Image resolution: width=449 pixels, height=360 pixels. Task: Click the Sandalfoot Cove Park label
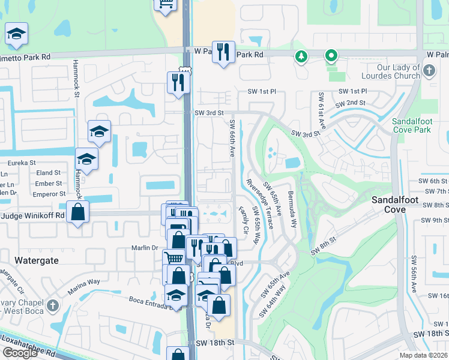coord(411,125)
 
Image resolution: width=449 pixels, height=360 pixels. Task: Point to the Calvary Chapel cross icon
coord(53,305)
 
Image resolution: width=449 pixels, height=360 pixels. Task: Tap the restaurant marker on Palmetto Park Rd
coord(223,52)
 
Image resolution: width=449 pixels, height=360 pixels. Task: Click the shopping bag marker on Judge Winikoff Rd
coord(78,212)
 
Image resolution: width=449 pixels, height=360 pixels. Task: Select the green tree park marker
coord(301,57)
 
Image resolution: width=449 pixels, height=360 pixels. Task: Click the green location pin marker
coord(330,57)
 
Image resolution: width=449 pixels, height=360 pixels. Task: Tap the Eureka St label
coord(20,163)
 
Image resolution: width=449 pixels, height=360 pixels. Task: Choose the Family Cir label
coord(243,221)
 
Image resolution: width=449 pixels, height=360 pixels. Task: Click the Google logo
coord(20,353)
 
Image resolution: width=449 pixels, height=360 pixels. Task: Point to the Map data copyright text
coord(423,355)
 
